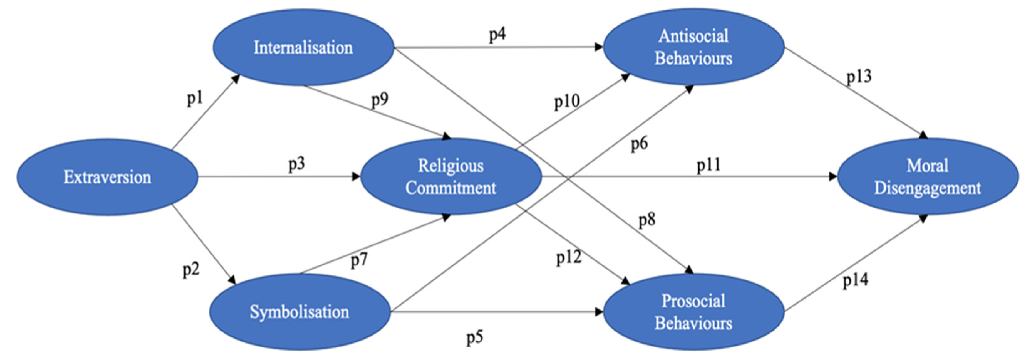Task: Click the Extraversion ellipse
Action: coord(107,177)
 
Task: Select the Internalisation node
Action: coord(303,47)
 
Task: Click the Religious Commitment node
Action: coord(451,177)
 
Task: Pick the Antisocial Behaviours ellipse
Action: coord(693,47)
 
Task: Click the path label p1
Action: coord(195,98)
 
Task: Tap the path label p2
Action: coord(191,270)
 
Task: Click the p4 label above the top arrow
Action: coord(497,35)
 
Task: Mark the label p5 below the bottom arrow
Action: coord(475,338)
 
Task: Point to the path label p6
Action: coord(639,144)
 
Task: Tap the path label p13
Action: coord(859,76)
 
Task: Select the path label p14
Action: coord(856,280)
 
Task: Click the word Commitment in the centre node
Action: coord(451,188)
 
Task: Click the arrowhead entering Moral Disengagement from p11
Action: coord(833,177)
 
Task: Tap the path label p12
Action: coord(569,258)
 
